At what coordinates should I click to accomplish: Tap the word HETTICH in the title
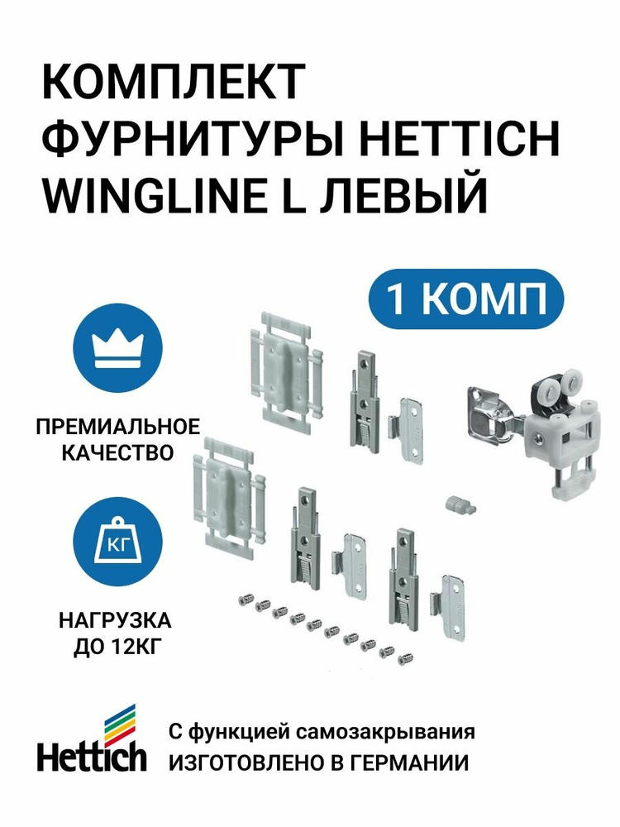point(460,139)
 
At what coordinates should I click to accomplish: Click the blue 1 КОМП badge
point(466,299)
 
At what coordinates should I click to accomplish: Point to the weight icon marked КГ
point(118,541)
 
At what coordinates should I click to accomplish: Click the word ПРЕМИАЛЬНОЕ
point(118,426)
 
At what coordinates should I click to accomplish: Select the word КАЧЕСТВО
point(118,452)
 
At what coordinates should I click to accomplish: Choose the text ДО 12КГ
point(116,647)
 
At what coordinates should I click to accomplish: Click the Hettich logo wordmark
point(92,757)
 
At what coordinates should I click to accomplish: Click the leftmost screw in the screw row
point(246,600)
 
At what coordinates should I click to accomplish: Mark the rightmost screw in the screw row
point(404,657)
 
